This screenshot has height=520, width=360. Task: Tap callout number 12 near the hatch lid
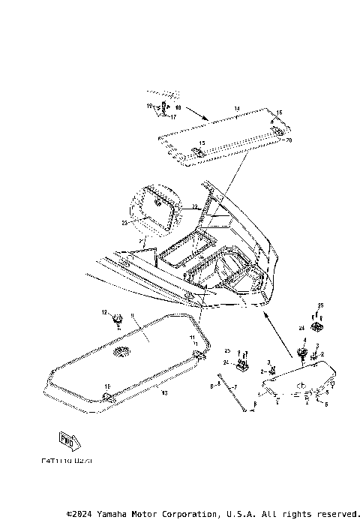[105, 311]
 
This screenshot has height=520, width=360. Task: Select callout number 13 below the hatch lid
[164, 392]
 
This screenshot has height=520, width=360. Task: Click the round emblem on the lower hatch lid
[121, 352]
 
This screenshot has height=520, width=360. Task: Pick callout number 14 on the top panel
[236, 110]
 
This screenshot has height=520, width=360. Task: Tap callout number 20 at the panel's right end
[289, 140]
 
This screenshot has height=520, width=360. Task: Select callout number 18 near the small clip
[178, 108]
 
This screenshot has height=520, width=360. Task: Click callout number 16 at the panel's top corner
[279, 113]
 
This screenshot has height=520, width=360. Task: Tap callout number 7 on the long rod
[235, 386]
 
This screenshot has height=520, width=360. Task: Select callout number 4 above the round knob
[304, 340]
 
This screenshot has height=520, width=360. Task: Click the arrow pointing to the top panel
[197, 115]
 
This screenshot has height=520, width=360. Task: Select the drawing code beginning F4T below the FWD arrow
[69, 463]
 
